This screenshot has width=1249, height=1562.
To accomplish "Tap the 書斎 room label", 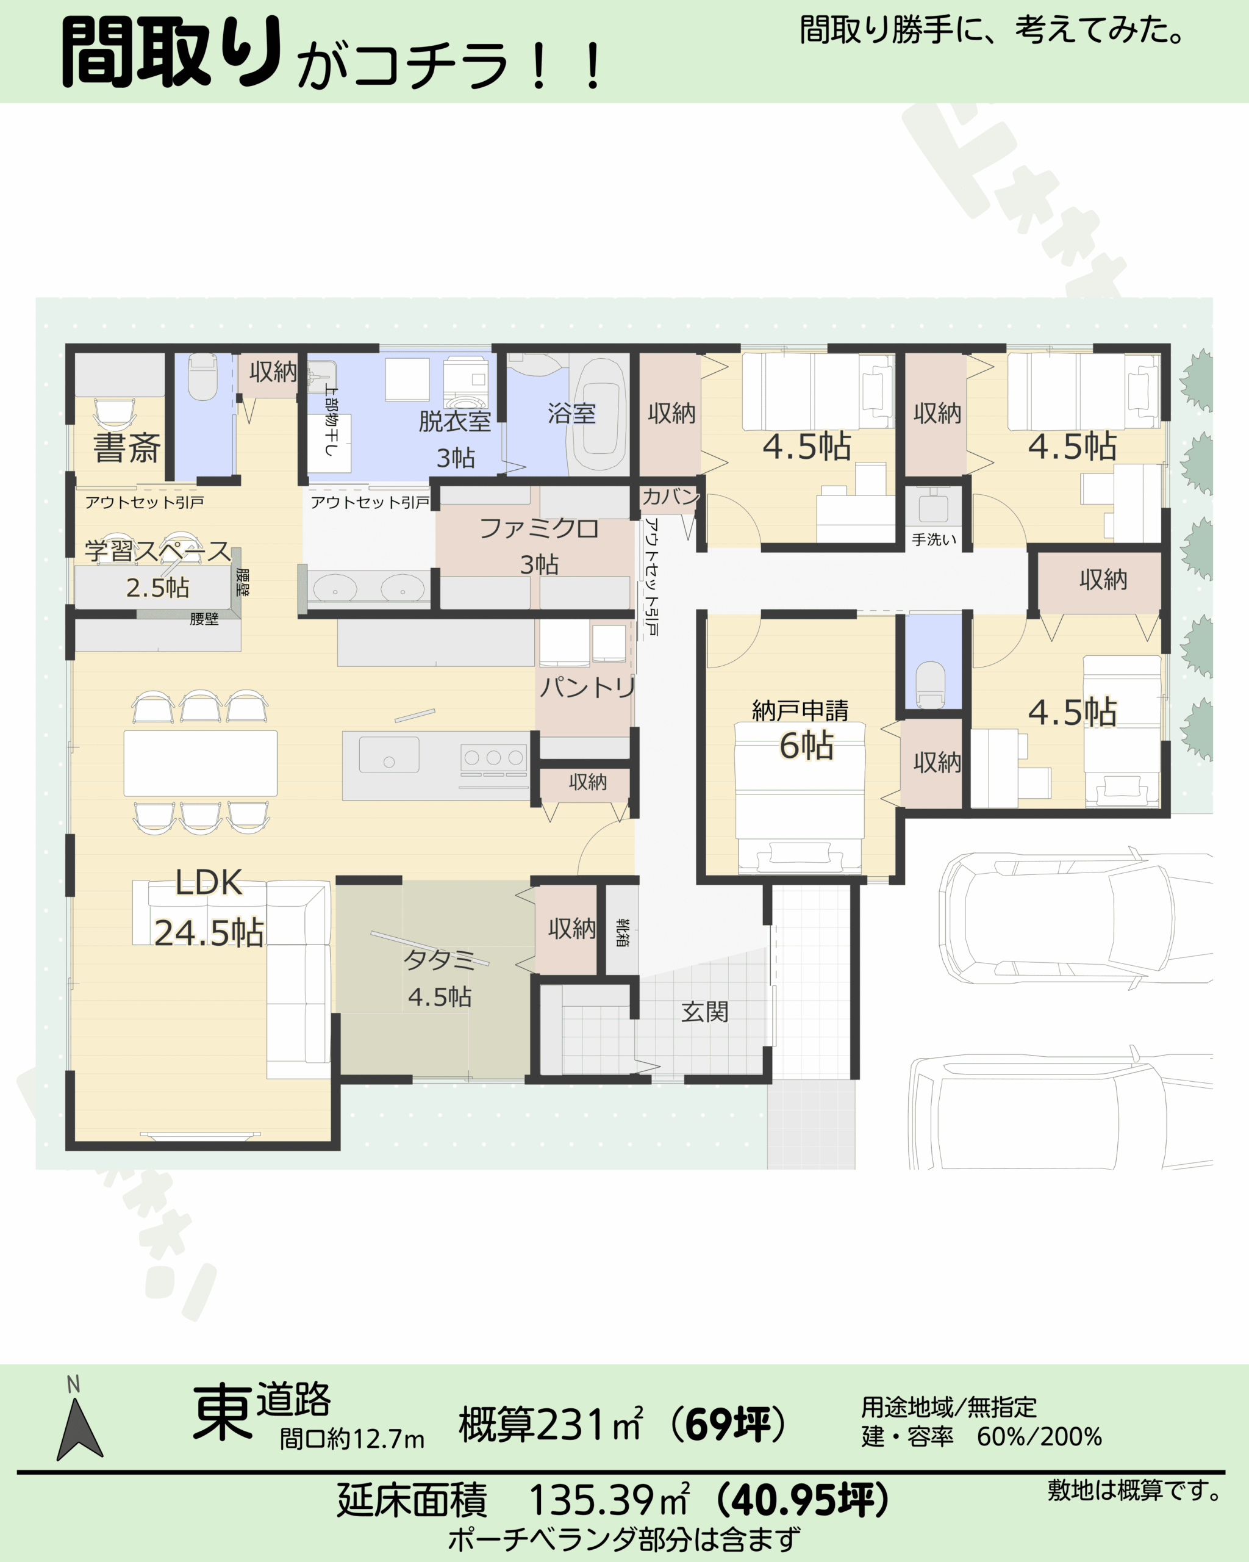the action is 127,447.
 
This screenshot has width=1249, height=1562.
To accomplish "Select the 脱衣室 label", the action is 455,421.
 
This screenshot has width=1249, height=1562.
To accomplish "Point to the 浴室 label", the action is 571,413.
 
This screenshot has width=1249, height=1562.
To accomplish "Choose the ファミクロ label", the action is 539,528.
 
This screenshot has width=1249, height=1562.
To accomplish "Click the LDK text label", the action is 209,882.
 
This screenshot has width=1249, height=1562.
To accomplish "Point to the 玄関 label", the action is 704,1012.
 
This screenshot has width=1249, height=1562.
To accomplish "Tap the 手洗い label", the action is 934,540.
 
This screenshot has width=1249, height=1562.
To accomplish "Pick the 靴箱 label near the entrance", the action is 622,933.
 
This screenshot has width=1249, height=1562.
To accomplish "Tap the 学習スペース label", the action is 157,550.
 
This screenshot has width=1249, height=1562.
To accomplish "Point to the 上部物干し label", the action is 331,421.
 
